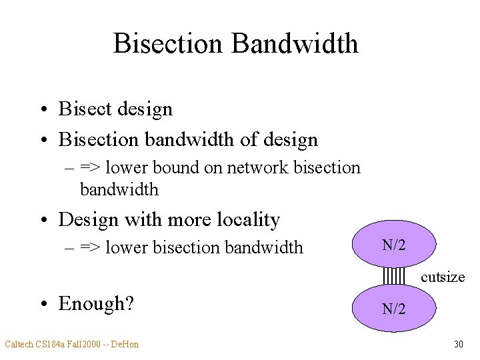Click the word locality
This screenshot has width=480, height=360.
click(x=245, y=219)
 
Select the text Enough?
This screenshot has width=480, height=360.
click(x=96, y=303)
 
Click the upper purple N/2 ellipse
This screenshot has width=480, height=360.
click(x=394, y=245)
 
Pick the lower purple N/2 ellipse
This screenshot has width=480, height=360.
click(x=394, y=308)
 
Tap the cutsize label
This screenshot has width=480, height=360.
click(x=443, y=277)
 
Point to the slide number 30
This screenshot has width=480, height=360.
click(x=458, y=344)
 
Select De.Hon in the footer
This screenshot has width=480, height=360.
click(x=124, y=344)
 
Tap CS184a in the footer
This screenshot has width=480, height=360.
click(x=50, y=344)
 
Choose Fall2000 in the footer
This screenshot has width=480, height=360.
click(x=85, y=344)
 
